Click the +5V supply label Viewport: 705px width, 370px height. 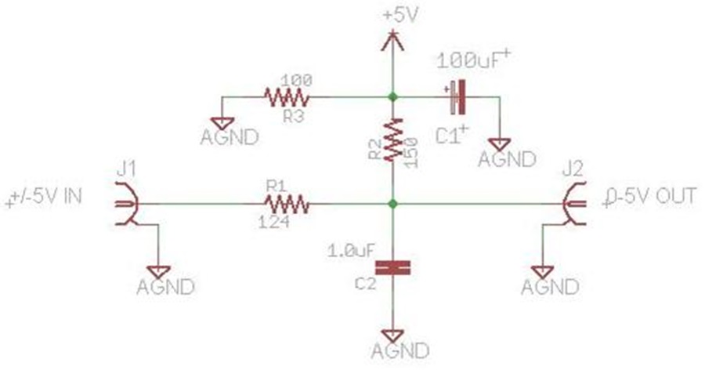coord(401,16)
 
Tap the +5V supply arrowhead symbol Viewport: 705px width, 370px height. coord(393,41)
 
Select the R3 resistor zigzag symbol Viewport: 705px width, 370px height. coord(287,97)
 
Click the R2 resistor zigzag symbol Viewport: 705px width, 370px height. coord(393,139)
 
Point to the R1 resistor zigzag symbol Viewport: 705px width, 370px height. coord(287,205)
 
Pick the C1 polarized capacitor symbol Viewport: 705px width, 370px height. coord(457,96)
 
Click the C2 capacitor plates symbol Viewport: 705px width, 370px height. coord(393,268)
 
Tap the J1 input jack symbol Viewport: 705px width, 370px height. coord(126,204)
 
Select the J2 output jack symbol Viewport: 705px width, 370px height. coord(574,204)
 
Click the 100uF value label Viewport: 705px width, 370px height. coord(473,60)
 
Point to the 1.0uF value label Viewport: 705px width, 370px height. coord(351,251)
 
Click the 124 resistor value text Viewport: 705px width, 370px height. coord(274,221)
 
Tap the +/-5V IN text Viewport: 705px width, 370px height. coord(44,198)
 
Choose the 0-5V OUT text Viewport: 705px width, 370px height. coord(649,197)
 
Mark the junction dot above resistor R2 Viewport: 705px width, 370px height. coord(393,96)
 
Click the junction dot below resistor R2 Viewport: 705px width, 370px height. coord(393,204)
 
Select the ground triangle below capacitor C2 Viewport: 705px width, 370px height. coord(393,336)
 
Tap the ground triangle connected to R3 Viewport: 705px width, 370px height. coord(222,124)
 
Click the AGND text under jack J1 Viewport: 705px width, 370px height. coord(165,287)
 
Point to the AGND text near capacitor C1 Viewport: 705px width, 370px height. coord(507,159)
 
